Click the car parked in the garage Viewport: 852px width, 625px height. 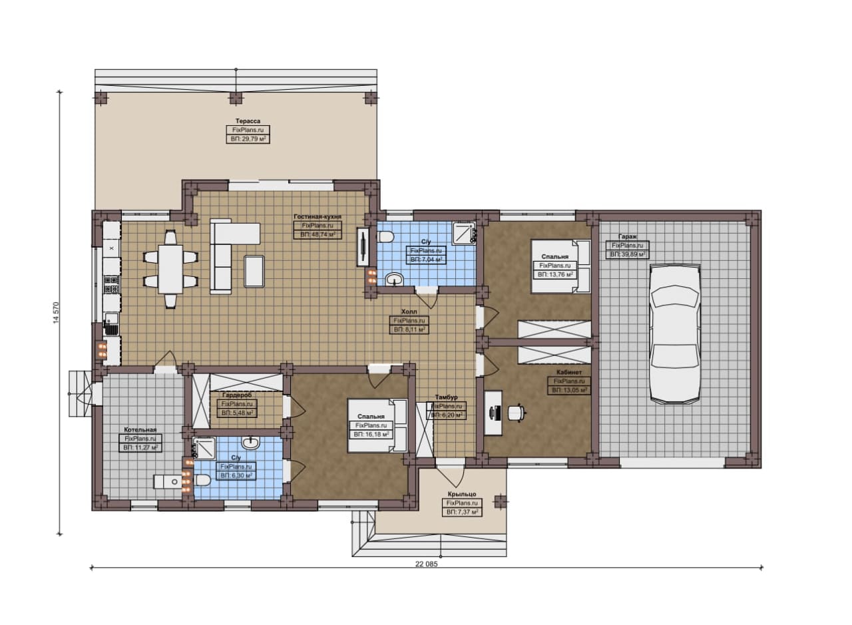click(675, 333)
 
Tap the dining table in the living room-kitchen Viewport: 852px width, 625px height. click(170, 270)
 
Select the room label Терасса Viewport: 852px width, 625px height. click(248, 121)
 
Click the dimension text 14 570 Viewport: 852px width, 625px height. click(57, 313)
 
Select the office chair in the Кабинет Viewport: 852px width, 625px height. click(517, 413)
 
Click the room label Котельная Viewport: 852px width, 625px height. click(140, 429)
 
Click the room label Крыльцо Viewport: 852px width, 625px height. click(462, 494)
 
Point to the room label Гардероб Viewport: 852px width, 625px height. click(237, 395)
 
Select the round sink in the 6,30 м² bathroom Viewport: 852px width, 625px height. click(251, 443)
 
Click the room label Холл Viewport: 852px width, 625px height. click(409, 312)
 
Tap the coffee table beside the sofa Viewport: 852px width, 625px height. click(254, 271)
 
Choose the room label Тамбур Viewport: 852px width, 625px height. click(447, 397)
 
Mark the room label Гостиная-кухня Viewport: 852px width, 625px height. click(318, 216)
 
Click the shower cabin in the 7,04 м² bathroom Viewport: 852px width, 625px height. click(464, 233)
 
